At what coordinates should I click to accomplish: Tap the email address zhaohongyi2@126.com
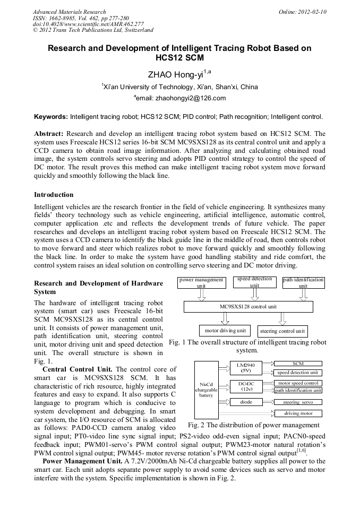point(179,98)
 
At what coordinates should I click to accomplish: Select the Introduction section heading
point(54,195)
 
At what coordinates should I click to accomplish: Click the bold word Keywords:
point(51,116)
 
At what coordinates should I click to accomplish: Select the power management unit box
point(201,282)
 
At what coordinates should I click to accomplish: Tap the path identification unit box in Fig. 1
point(303,282)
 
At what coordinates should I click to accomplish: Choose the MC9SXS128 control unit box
point(248,307)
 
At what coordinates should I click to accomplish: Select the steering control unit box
point(282,331)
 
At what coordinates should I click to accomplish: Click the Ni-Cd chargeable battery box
point(206,390)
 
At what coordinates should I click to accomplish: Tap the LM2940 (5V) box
point(245,367)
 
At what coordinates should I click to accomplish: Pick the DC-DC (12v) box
point(245,386)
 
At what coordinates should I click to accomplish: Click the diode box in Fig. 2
point(245,402)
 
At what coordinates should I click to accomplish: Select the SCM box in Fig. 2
point(298,364)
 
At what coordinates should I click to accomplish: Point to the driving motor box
point(298,413)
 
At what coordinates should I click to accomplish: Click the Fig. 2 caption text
point(254,425)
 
